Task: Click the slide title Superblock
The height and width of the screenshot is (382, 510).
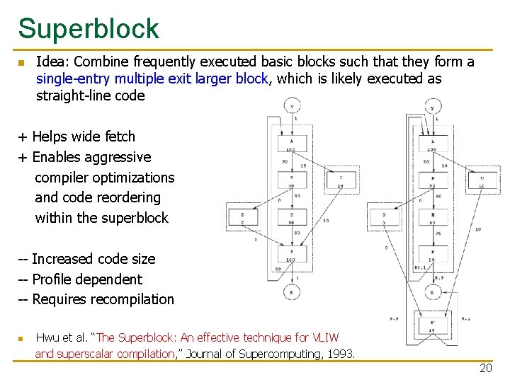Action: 89,29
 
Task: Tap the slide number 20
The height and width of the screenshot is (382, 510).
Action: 485,368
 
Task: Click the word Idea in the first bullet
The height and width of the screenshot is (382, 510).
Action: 50,62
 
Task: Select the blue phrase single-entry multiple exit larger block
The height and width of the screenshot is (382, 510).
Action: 152,79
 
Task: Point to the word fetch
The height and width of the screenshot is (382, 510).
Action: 119,137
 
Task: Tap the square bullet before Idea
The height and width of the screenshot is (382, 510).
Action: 21,63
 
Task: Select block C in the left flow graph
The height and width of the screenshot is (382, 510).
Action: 341,181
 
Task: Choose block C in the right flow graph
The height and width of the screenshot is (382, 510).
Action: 482,181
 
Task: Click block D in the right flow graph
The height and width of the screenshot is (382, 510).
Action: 384,217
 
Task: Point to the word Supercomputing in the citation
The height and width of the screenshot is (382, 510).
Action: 266,353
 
